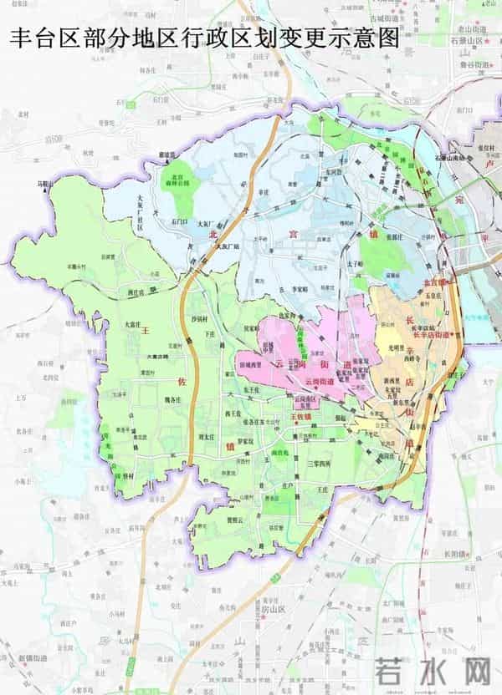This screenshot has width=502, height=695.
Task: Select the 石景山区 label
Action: coord(468,38)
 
